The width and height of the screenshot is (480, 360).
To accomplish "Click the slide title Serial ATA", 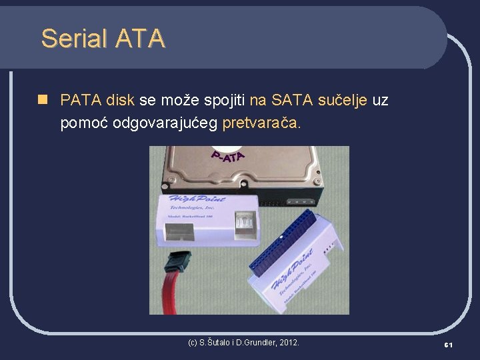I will pos(103,39).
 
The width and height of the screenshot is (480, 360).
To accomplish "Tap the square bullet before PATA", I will pos(43,100).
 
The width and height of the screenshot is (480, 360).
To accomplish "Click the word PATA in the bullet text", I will pos(81,101).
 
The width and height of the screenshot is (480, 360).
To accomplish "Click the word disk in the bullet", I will pos(120,101).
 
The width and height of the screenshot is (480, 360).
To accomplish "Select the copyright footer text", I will pos(244,343).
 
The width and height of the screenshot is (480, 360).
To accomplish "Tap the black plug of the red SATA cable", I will pos(178,261).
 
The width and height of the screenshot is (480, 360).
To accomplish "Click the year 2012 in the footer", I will pos(289,343).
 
